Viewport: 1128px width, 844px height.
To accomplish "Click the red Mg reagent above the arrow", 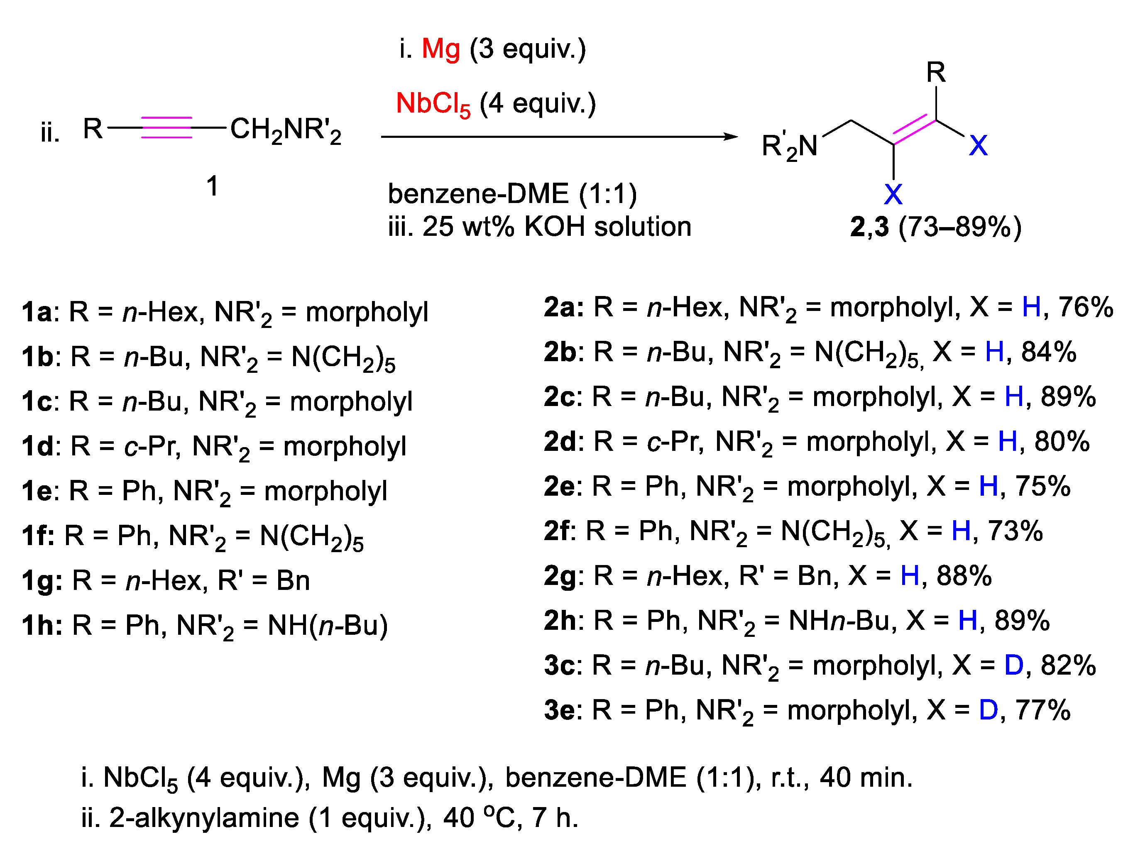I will coord(440,49).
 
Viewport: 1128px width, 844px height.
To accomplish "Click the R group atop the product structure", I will coord(936,72).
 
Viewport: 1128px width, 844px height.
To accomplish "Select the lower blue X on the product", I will coord(893,194).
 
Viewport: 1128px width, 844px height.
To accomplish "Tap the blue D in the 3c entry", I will coord(1013,665).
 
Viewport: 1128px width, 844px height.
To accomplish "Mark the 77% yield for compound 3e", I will coord(1042,710).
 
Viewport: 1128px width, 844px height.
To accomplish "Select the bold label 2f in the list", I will coord(558,531).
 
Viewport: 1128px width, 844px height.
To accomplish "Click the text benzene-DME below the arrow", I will coord(478,194).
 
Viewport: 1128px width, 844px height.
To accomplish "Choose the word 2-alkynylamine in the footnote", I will coord(204,818).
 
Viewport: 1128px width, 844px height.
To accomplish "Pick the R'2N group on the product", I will coord(789,147).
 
